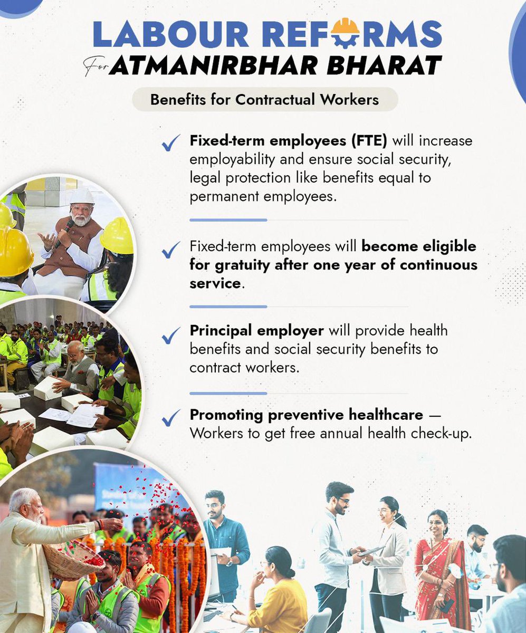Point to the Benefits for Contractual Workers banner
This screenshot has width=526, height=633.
(x=264, y=99)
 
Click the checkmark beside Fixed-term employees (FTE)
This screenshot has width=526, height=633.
(x=171, y=143)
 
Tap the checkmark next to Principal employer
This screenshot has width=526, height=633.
(x=171, y=336)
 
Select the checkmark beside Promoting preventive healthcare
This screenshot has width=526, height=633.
(x=171, y=417)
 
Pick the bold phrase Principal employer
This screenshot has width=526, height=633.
(x=256, y=331)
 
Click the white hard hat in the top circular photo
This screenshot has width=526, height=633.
(x=82, y=197)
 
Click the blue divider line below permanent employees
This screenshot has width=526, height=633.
(x=228, y=220)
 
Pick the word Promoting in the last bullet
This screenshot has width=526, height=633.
(x=226, y=416)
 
